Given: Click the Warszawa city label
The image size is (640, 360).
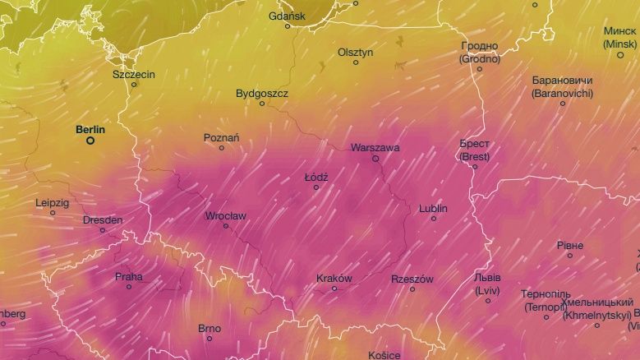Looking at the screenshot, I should point(375,148).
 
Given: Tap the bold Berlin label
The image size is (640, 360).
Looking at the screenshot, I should point(90,129).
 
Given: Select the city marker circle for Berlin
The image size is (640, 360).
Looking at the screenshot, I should point(90,141).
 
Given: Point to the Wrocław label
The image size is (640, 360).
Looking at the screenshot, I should point(225,216).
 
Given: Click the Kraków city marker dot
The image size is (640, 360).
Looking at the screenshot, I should point(334,288).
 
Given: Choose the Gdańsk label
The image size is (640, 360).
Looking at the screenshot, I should point(287,16).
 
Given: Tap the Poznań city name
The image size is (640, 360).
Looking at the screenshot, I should point(222,137).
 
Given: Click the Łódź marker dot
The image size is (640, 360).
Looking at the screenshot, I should point(315,187).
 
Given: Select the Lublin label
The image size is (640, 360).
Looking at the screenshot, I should point(433,208).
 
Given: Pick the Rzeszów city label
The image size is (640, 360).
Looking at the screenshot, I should point(412,279).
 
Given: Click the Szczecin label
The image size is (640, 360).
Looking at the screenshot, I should point(134,74).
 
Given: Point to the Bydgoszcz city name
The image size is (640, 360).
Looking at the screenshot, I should point(262,94).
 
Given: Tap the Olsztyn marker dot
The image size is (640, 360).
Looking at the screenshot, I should point(356,62).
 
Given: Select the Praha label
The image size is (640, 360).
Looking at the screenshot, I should point(128,276).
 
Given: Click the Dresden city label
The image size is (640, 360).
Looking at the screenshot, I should point(103,219).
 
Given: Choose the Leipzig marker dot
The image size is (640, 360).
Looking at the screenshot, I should point(53,213).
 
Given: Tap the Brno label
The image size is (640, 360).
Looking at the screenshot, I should point(209,328).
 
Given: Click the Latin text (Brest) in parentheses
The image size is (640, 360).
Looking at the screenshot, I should point(474,155).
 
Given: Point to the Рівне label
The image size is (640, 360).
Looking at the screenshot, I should point(569,245).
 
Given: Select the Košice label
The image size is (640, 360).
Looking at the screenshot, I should point(384,355).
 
